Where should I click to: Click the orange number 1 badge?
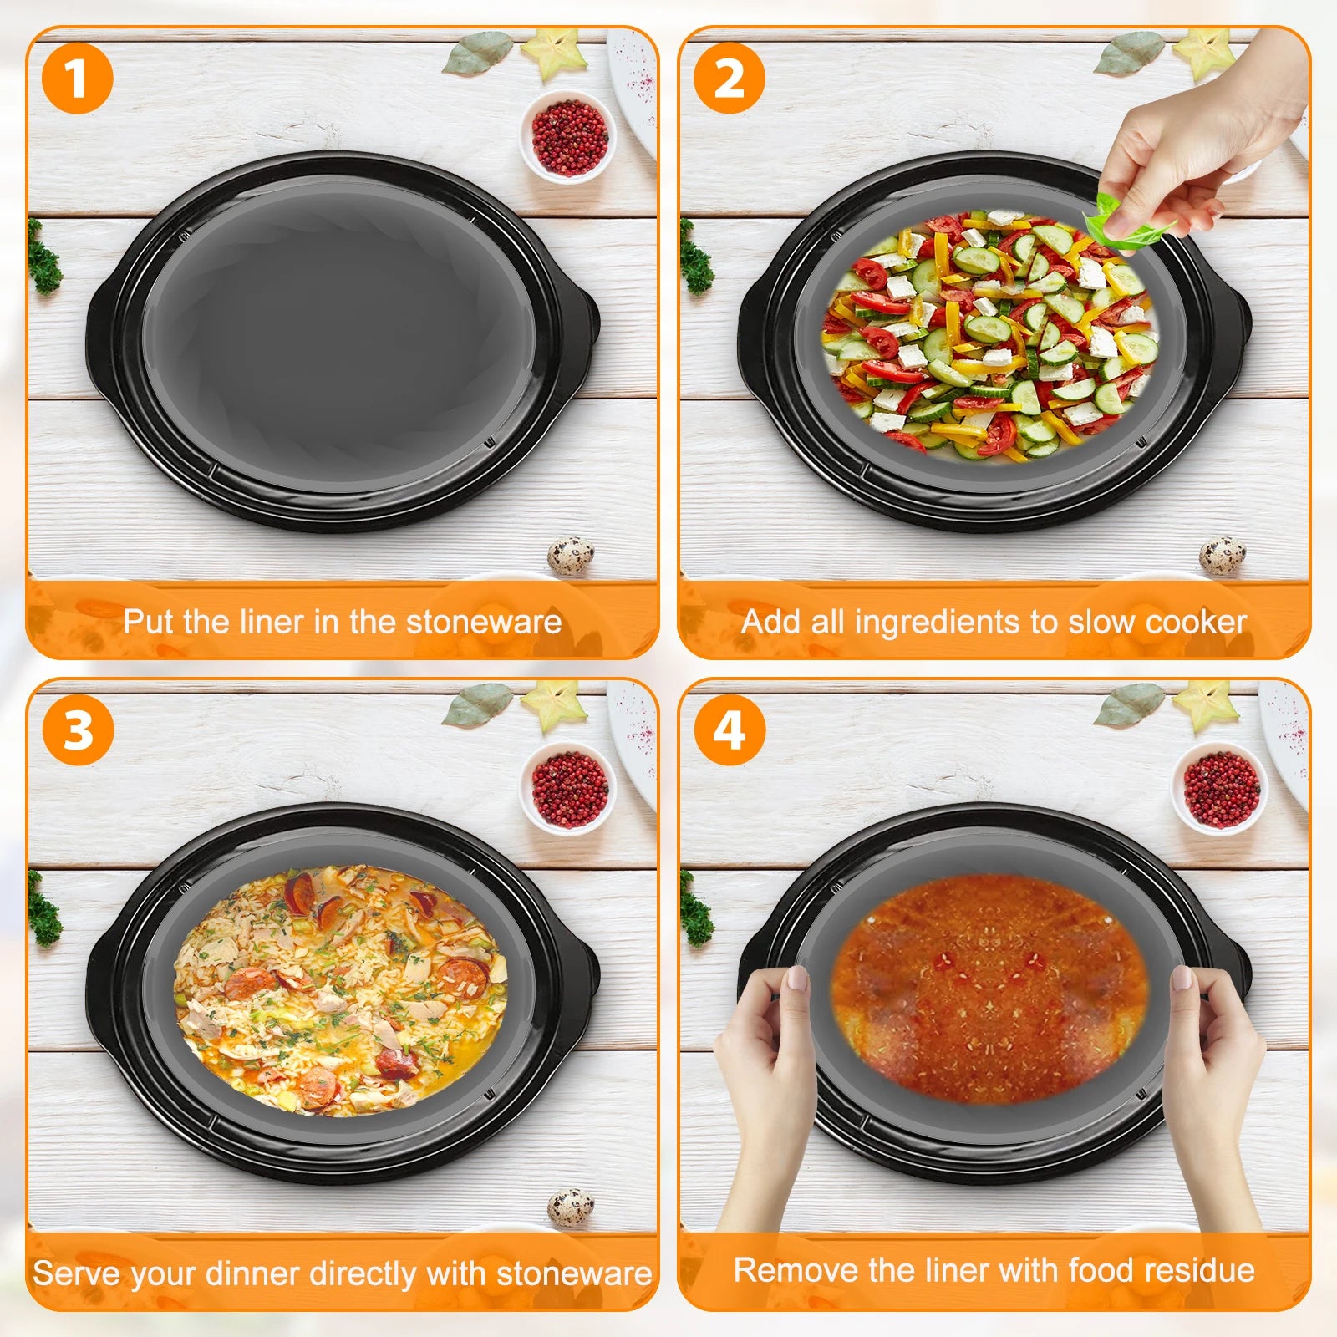click(77, 79)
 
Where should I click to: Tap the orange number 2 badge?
click(730, 79)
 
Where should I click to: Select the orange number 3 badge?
click(77, 730)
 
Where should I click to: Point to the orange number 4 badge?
click(730, 730)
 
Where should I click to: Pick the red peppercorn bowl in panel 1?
click(568, 136)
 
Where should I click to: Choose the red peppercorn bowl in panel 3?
click(568, 788)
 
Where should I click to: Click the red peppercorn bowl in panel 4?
click(1220, 788)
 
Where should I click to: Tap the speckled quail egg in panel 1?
click(571, 556)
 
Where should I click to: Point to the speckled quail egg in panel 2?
click(1223, 556)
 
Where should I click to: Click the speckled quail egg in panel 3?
click(571, 1207)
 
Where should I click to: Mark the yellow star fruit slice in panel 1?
click(552, 52)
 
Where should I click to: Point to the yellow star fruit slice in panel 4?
click(1204, 704)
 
